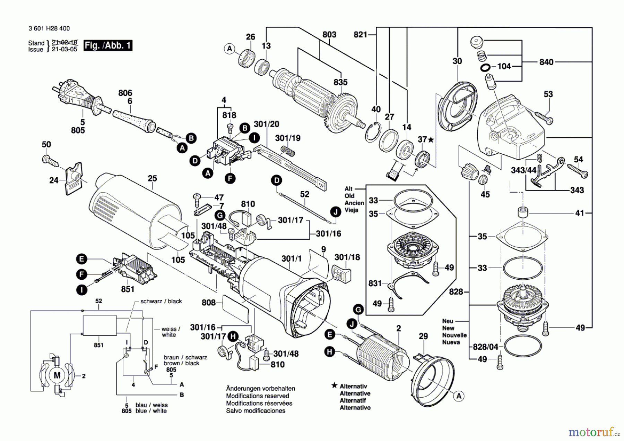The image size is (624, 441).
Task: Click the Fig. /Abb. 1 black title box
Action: (x=108, y=45)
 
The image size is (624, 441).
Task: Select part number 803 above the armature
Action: (x=329, y=34)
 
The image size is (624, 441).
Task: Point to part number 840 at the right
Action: (x=546, y=62)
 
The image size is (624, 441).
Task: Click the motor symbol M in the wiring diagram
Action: (x=57, y=375)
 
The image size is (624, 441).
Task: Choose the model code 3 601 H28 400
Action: (x=49, y=28)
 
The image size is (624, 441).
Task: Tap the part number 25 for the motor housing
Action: (x=152, y=178)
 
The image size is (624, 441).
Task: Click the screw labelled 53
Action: (x=543, y=117)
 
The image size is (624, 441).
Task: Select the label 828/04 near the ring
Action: (x=485, y=347)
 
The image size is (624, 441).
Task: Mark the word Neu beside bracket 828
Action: (x=448, y=321)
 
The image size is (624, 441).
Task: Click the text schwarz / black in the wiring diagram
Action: (x=161, y=301)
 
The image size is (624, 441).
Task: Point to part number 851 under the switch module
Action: (x=128, y=289)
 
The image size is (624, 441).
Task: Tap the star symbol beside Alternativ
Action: (x=334, y=385)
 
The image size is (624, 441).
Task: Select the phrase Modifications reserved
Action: (x=257, y=396)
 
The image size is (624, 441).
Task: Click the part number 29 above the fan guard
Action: (x=423, y=336)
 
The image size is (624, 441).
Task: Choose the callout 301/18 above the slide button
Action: (x=347, y=257)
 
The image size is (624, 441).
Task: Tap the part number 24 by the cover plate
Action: (x=53, y=180)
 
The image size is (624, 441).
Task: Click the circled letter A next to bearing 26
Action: (x=229, y=49)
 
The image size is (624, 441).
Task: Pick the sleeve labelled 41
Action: (x=523, y=211)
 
